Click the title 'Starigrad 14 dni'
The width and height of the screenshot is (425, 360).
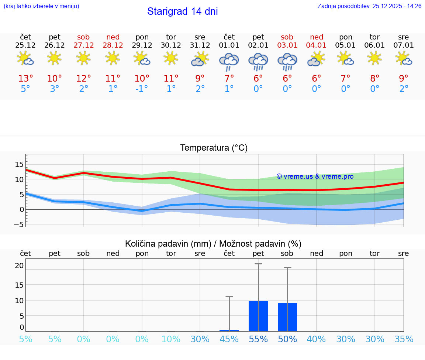tap(182, 11)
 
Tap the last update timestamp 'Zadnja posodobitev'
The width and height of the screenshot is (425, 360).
tap(369, 6)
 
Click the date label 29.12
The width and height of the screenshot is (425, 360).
tap(142, 45)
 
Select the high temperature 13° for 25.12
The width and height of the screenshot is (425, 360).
tap(25, 79)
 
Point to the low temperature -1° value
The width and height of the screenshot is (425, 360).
tap(142, 89)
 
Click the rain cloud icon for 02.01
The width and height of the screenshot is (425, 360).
tap(258, 61)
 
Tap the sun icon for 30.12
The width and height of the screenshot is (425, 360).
tap(171, 58)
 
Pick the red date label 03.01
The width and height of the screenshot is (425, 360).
tap(287, 45)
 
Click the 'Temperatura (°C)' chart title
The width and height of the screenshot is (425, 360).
tap(214, 148)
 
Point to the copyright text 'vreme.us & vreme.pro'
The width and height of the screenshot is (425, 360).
tap(315, 176)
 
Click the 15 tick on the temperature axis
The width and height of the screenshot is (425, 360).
tap(19, 164)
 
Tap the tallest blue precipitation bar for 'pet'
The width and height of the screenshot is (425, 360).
tap(258, 316)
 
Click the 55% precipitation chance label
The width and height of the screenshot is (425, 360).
tap(258, 339)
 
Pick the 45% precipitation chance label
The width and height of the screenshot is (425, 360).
tap(229, 339)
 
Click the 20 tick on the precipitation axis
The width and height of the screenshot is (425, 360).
tap(19, 265)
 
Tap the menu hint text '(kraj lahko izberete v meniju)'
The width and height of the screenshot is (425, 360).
tap(41, 6)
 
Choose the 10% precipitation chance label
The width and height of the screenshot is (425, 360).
tap(171, 339)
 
